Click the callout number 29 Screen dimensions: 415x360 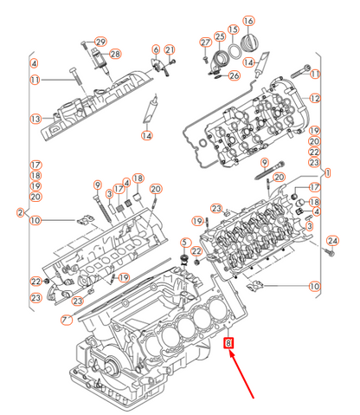point(100,42)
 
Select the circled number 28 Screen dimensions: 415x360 point(115,55)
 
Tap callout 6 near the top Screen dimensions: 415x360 point(156,49)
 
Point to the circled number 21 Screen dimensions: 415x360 point(170,49)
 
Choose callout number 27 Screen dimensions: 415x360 point(205,42)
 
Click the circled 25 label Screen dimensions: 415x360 point(220,36)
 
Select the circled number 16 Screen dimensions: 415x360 point(249,21)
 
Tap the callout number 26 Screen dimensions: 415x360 point(234,75)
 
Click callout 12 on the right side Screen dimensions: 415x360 point(314,98)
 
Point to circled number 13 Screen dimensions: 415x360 point(35,119)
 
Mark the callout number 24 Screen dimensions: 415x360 point(331,240)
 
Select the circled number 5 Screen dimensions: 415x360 point(183,242)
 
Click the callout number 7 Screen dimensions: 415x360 point(66,320)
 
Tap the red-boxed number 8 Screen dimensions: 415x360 point(228,344)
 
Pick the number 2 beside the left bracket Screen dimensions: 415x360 point(19,212)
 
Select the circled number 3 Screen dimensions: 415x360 point(309,224)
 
